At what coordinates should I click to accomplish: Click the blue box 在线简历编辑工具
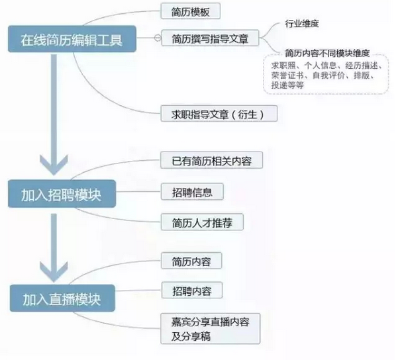pos(72,39)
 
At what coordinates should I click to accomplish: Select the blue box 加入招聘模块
pos(62,194)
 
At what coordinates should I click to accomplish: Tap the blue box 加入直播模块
pos(62,298)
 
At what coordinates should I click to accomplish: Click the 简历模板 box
pos(191,11)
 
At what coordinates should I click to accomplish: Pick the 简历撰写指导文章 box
pos(210,38)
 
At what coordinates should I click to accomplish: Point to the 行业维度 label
pos(302,23)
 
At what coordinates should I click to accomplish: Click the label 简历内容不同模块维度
pos(327,53)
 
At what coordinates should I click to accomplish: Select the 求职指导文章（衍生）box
pos(219,114)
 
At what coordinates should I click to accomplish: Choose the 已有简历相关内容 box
pos(212,160)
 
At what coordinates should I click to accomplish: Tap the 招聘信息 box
pos(192,192)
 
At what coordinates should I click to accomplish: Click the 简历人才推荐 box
pos(202,222)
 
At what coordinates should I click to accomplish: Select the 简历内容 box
pos(191,261)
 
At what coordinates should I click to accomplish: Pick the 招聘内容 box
pos(192,291)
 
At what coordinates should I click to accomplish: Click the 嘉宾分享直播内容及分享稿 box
pos(210,328)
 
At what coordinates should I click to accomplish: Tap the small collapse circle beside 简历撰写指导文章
pos(158,38)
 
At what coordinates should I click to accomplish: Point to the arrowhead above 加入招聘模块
pos(54,165)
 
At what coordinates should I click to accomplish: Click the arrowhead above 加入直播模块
pos(54,271)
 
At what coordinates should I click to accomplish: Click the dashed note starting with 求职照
pos(326,74)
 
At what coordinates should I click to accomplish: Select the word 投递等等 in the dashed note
pos(287,85)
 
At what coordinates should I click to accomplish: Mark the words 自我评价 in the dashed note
pos(328,75)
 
